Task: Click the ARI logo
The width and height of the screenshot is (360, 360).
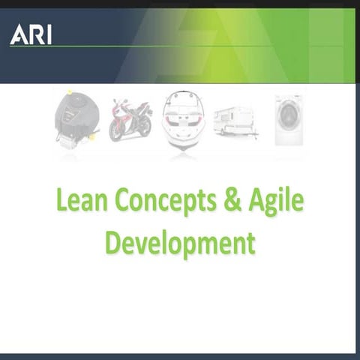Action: pos(31,34)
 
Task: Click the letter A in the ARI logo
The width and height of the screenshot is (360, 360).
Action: pos(18,34)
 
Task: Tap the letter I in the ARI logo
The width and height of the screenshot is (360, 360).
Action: pos(48,34)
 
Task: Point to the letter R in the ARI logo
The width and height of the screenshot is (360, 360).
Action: pos(34,34)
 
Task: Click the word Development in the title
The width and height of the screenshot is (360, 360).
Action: pos(180,242)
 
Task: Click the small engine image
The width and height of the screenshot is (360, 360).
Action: pos(75,120)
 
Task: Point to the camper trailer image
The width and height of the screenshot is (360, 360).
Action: pos(235,121)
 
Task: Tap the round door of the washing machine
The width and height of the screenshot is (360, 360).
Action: pos(288,115)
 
